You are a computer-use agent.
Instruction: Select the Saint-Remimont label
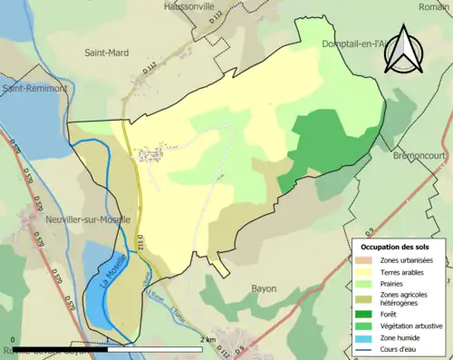pyautogui.click(x=35, y=89)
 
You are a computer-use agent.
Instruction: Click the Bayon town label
pyautogui.click(x=263, y=288)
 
